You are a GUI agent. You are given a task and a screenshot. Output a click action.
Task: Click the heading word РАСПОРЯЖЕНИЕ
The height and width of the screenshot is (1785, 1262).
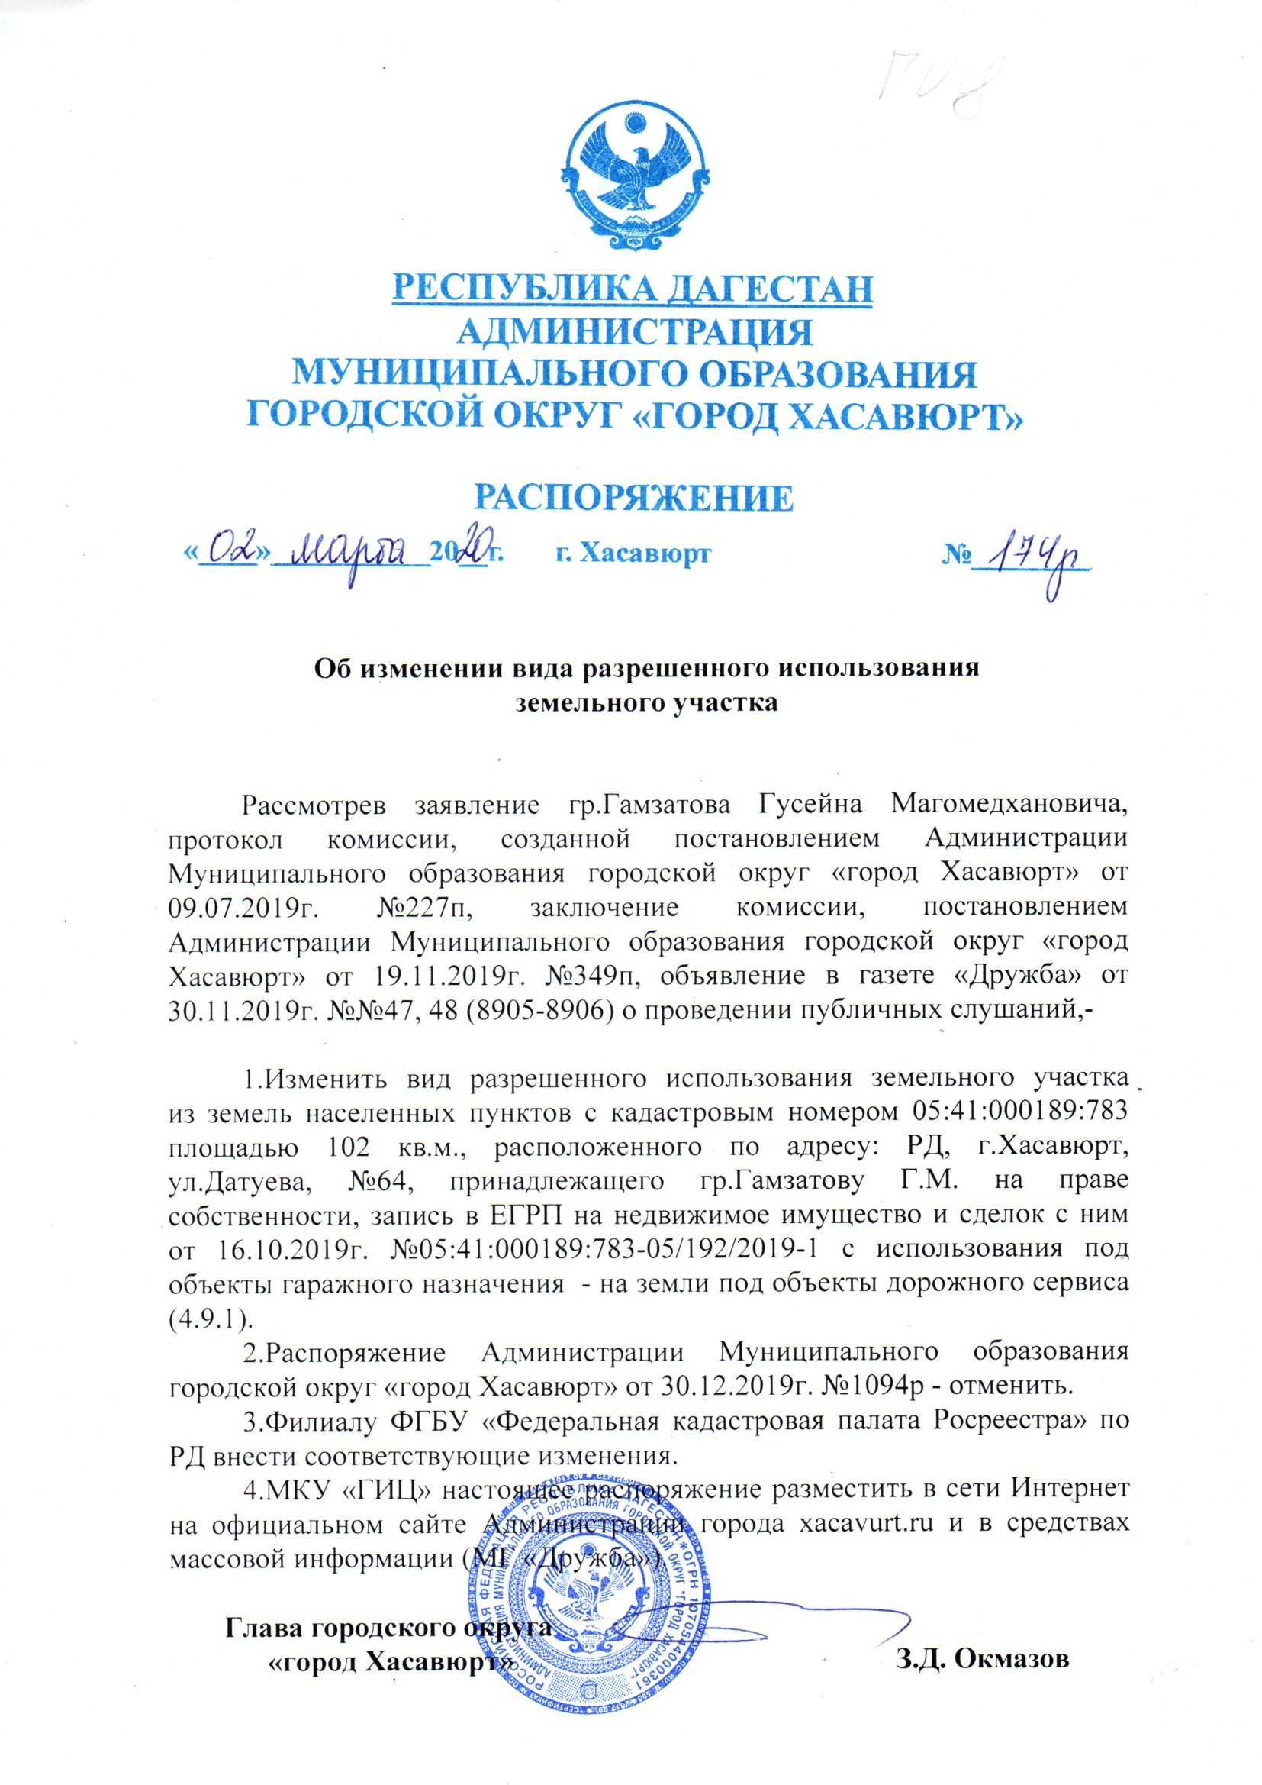[633, 498]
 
